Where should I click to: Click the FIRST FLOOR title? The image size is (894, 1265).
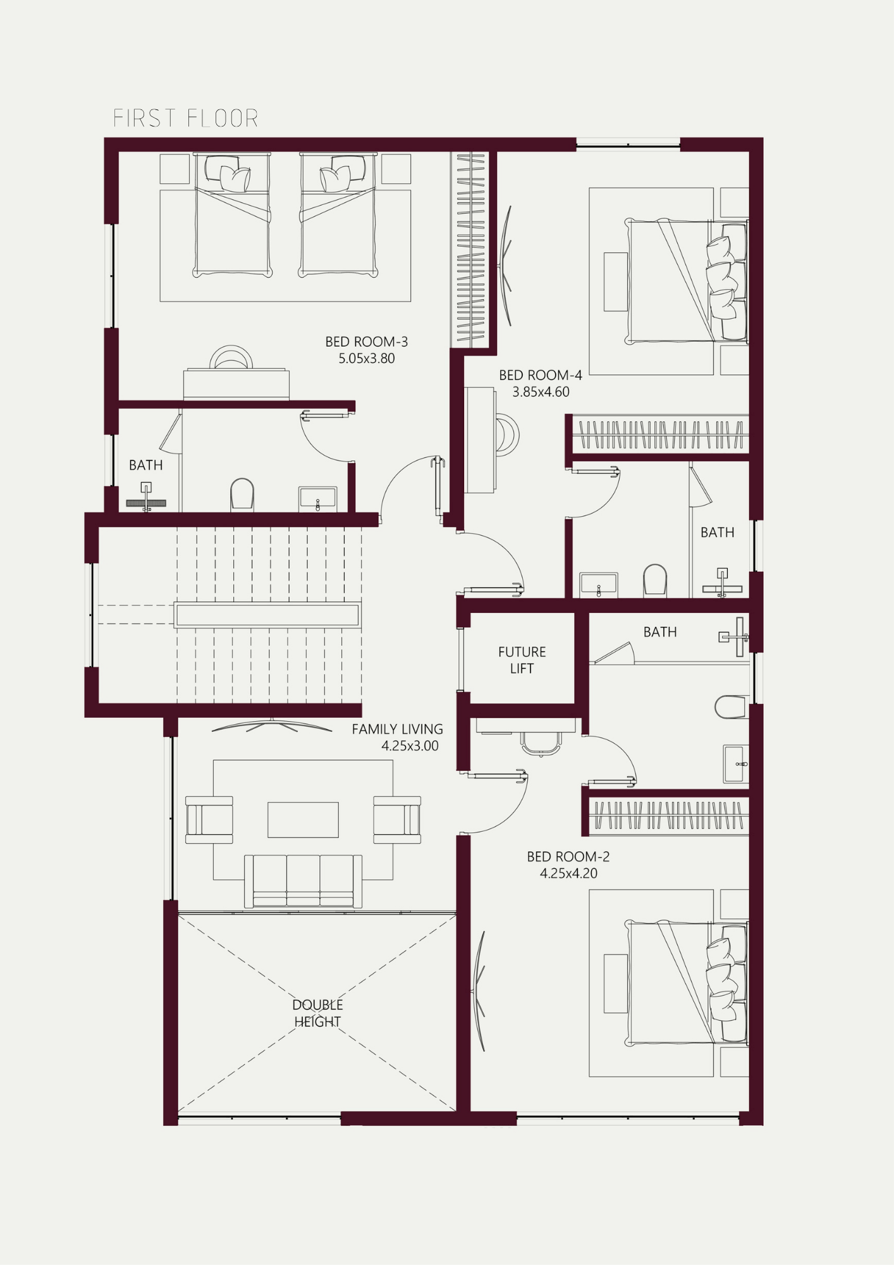coord(185,118)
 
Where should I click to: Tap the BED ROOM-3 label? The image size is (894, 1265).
coord(367,342)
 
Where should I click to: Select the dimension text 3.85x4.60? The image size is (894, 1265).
coord(541,392)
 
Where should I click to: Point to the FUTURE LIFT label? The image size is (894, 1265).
coord(522,660)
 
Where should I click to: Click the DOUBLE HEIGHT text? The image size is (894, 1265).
coord(317,1013)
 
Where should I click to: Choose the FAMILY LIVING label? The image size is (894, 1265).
coord(397,729)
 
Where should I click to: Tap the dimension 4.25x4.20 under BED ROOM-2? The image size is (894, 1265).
coord(568,873)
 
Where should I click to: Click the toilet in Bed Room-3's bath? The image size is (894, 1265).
coord(242,494)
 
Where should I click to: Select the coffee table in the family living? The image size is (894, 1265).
coord(303,820)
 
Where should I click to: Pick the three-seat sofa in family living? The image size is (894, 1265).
coord(303,881)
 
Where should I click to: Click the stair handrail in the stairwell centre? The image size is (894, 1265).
coord(267,615)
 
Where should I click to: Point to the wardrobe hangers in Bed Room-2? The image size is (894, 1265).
coord(669,815)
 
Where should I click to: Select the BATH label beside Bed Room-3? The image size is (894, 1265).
coord(146,465)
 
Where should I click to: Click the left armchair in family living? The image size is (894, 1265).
coord(209,820)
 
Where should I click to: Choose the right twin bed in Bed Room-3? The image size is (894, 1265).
coord(338,215)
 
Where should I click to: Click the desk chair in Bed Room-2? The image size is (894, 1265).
coord(541,744)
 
